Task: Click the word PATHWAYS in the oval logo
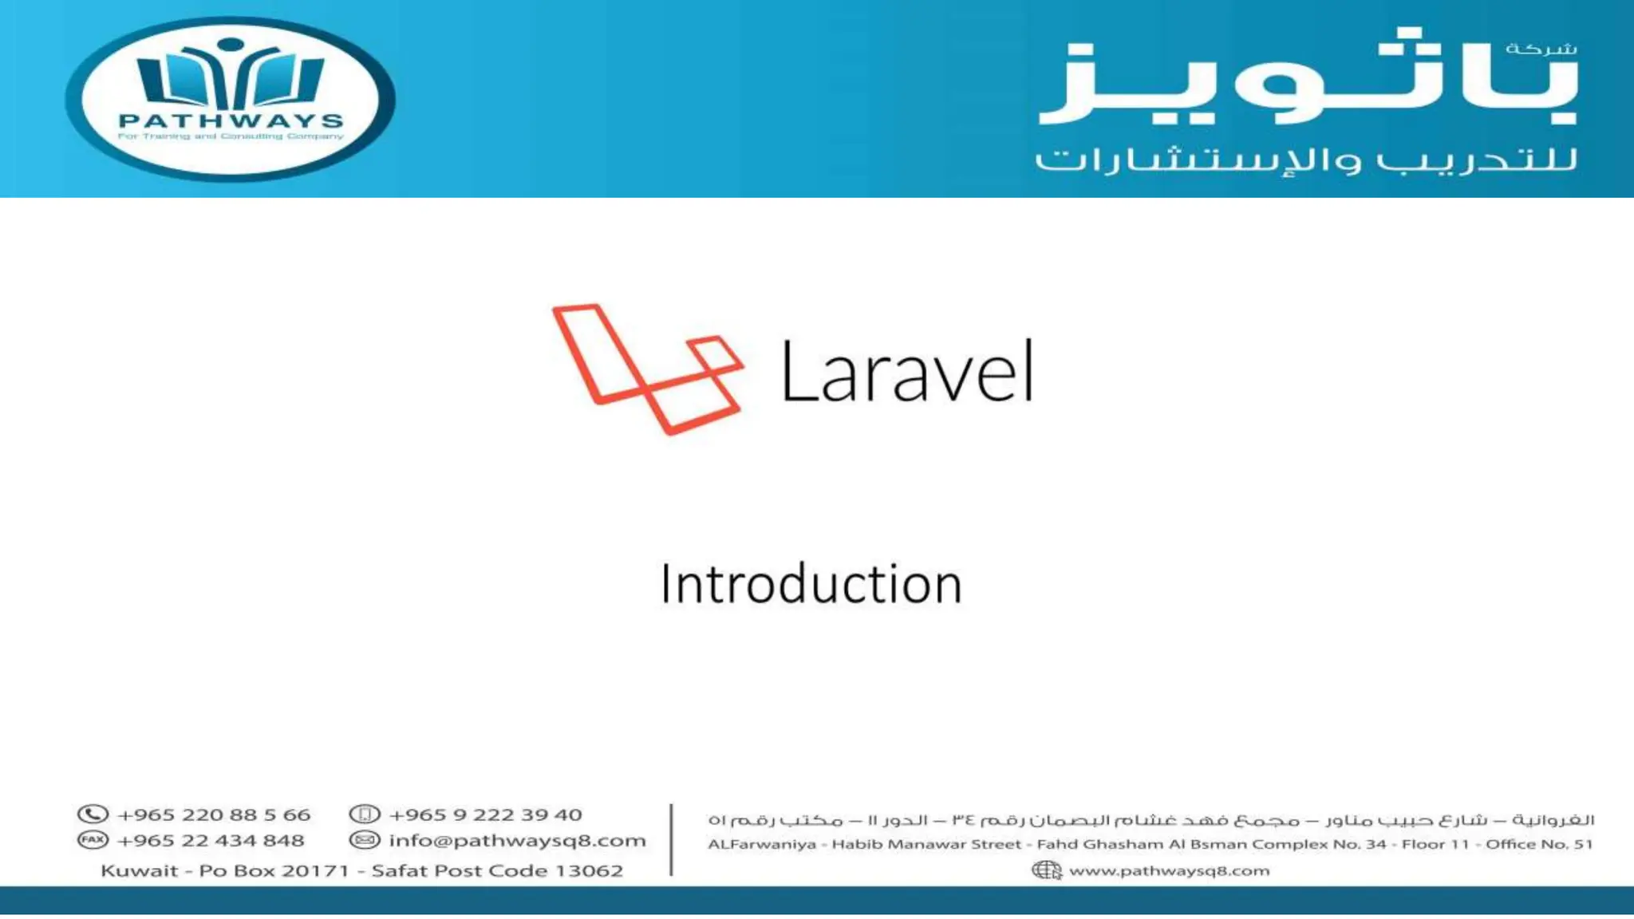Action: (231, 121)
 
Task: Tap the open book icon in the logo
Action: (231, 78)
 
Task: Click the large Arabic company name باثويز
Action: (1308, 80)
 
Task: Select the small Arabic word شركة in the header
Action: (1541, 49)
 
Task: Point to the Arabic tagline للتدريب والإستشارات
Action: (1306, 159)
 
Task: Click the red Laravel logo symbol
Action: (648, 369)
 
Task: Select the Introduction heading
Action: (811, 584)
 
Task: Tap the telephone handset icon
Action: (93, 814)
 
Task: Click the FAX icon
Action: (93, 840)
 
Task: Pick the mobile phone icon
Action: (365, 814)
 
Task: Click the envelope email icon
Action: (365, 840)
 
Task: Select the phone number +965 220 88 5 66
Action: (214, 815)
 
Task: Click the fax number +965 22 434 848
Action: (211, 841)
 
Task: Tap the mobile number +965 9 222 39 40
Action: (485, 815)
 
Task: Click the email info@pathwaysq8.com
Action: (517, 841)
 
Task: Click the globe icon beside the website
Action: (1046, 870)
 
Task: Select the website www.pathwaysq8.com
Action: (1169, 871)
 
